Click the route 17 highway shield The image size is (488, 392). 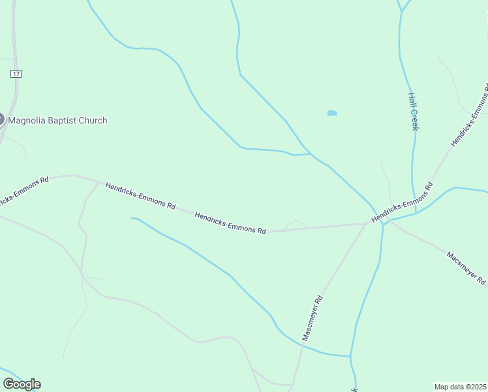pyautogui.click(x=16, y=74)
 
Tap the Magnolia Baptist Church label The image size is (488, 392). pyautogui.click(x=57, y=120)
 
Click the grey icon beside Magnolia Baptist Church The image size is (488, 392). pyautogui.click(x=1, y=120)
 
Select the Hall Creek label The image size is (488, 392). pyautogui.click(x=413, y=110)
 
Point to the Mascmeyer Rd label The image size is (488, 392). pyautogui.click(x=313, y=318)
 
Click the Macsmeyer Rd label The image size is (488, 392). pyautogui.click(x=466, y=267)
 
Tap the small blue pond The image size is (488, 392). pyautogui.click(x=332, y=113)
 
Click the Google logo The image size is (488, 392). pyautogui.click(x=22, y=384)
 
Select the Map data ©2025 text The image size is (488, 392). pyautogui.click(x=461, y=387)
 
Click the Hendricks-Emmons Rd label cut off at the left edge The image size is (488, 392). pyautogui.click(x=23, y=189)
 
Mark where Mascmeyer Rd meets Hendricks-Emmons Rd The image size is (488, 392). pyautogui.click(x=367, y=223)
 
